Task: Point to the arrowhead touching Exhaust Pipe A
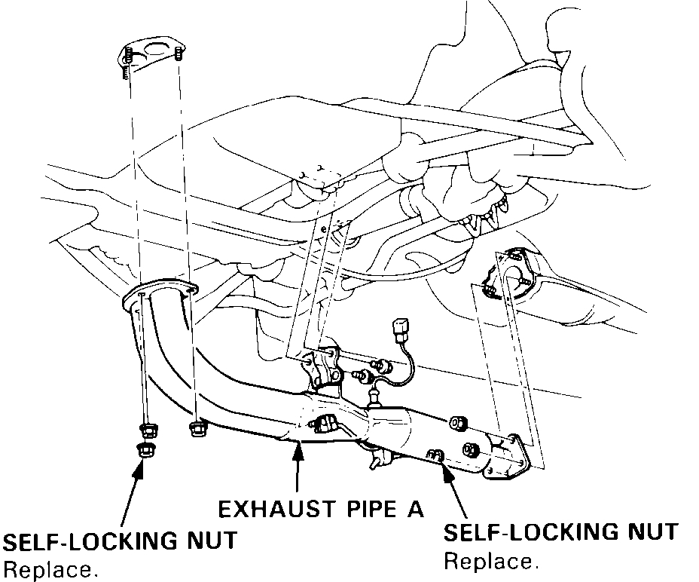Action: click(x=299, y=447)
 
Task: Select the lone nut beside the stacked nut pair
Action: click(x=198, y=429)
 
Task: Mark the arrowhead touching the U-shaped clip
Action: click(x=446, y=469)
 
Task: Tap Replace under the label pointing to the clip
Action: click(x=490, y=562)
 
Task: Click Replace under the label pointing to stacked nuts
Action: click(x=50, y=570)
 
